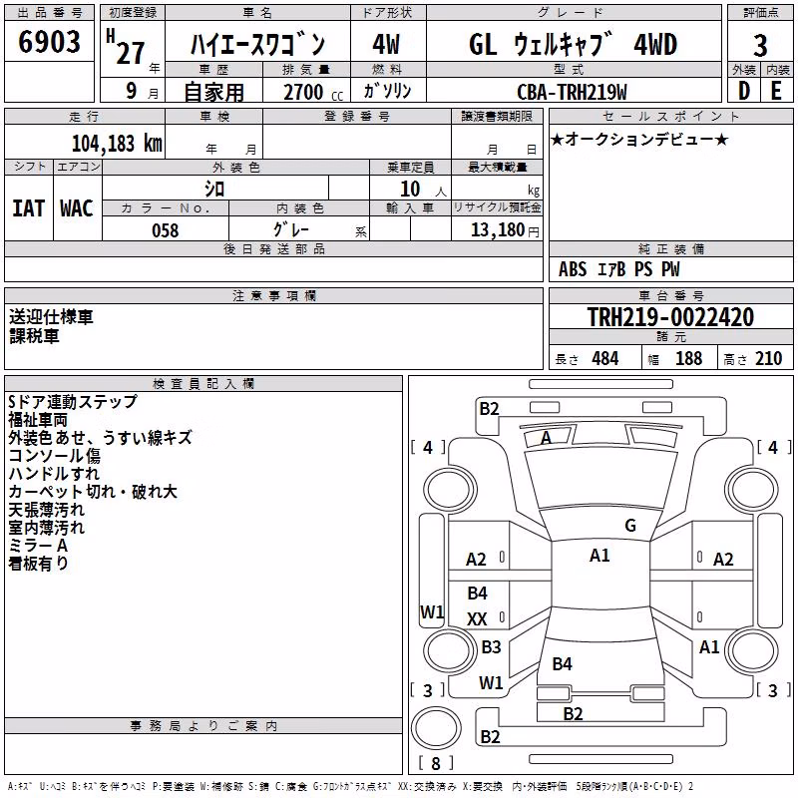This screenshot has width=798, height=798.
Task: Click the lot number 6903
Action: click(49, 42)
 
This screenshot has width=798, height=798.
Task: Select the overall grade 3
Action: click(760, 45)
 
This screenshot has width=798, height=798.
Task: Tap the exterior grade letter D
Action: click(743, 91)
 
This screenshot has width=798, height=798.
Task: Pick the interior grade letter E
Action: click(776, 91)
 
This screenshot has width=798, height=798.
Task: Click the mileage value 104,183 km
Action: click(117, 143)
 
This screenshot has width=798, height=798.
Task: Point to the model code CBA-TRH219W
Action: click(572, 92)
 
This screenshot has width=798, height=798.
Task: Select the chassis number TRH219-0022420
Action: click(670, 316)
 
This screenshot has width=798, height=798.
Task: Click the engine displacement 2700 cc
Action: click(313, 92)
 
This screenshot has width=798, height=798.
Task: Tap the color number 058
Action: click(166, 230)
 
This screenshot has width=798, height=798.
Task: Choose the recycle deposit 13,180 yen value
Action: click(505, 230)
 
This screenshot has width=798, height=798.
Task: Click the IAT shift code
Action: click(28, 208)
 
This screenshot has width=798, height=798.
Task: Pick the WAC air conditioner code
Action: click(77, 208)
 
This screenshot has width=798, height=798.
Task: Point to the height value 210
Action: click(768, 359)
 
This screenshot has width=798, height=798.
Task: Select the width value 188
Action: click(688, 359)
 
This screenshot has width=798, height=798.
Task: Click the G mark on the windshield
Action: click(630, 525)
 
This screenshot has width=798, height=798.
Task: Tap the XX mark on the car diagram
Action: click(477, 618)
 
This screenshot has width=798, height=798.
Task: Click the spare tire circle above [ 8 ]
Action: click(436, 728)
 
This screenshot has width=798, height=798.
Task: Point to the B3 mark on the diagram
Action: click(491, 646)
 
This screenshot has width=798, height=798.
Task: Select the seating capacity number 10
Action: click(410, 189)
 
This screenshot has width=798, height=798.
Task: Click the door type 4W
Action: click(386, 44)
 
